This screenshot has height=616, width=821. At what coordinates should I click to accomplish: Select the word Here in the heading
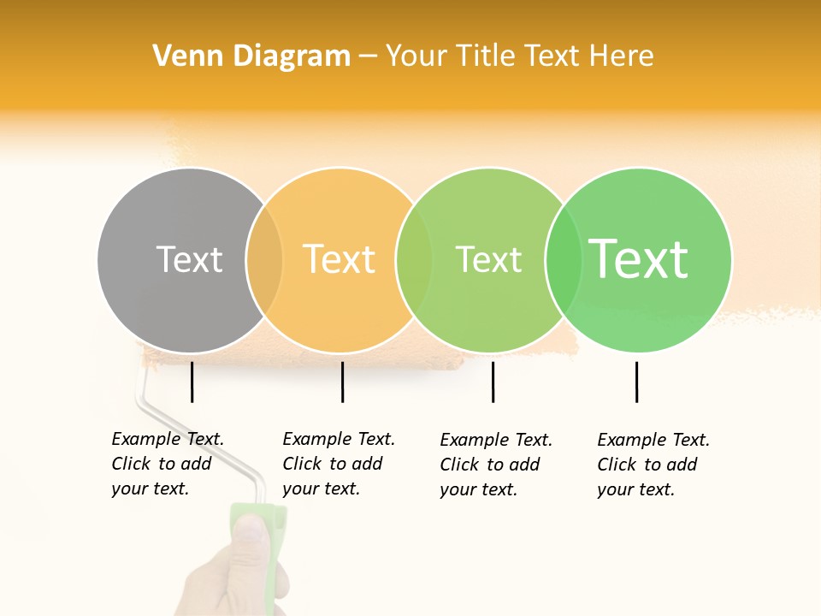[x=622, y=56]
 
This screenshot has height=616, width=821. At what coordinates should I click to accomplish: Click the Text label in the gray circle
[x=189, y=259]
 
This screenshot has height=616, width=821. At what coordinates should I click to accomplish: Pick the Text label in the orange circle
[x=340, y=259]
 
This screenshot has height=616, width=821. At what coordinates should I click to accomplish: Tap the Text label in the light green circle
[x=488, y=259]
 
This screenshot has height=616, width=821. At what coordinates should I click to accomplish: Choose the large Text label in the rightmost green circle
[x=639, y=259]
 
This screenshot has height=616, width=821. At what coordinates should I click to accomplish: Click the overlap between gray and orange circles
[x=264, y=260]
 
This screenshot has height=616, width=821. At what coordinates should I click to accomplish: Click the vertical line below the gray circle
[x=192, y=382]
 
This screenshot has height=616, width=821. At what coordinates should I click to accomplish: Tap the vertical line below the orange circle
[x=342, y=382]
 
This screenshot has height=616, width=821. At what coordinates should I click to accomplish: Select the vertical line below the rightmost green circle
[x=637, y=382]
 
